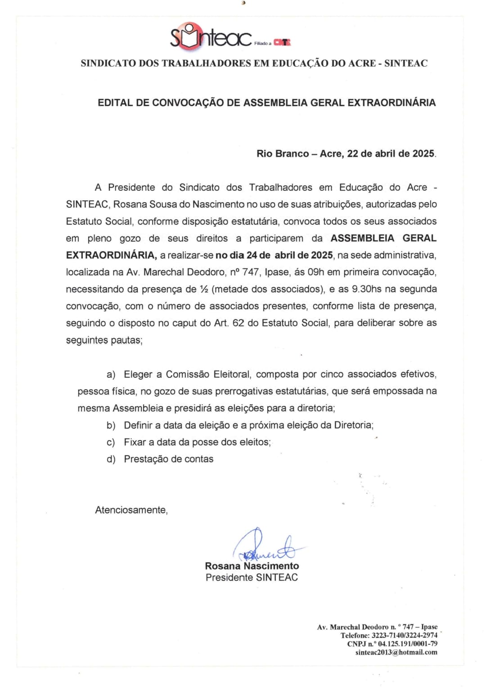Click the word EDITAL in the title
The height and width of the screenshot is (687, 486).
pyautogui.click(x=115, y=103)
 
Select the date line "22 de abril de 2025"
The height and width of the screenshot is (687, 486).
pyautogui.click(x=391, y=154)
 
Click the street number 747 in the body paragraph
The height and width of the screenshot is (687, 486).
pyautogui.click(x=251, y=272)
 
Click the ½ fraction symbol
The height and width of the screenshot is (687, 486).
pyautogui.click(x=203, y=289)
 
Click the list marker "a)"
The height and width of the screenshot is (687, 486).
pyautogui.click(x=111, y=375)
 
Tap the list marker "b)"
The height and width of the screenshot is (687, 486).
pyautogui.click(x=111, y=425)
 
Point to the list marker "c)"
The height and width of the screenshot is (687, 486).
pyautogui.click(x=111, y=443)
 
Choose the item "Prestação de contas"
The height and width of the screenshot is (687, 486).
pyautogui.click(x=168, y=459)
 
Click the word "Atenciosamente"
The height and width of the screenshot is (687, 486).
pyautogui.click(x=131, y=510)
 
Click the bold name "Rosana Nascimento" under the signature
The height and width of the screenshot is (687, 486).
pyautogui.click(x=252, y=566)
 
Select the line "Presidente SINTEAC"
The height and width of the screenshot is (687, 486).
pyautogui.click(x=252, y=578)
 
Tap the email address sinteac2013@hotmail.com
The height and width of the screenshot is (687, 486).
pyautogui.click(x=396, y=652)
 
